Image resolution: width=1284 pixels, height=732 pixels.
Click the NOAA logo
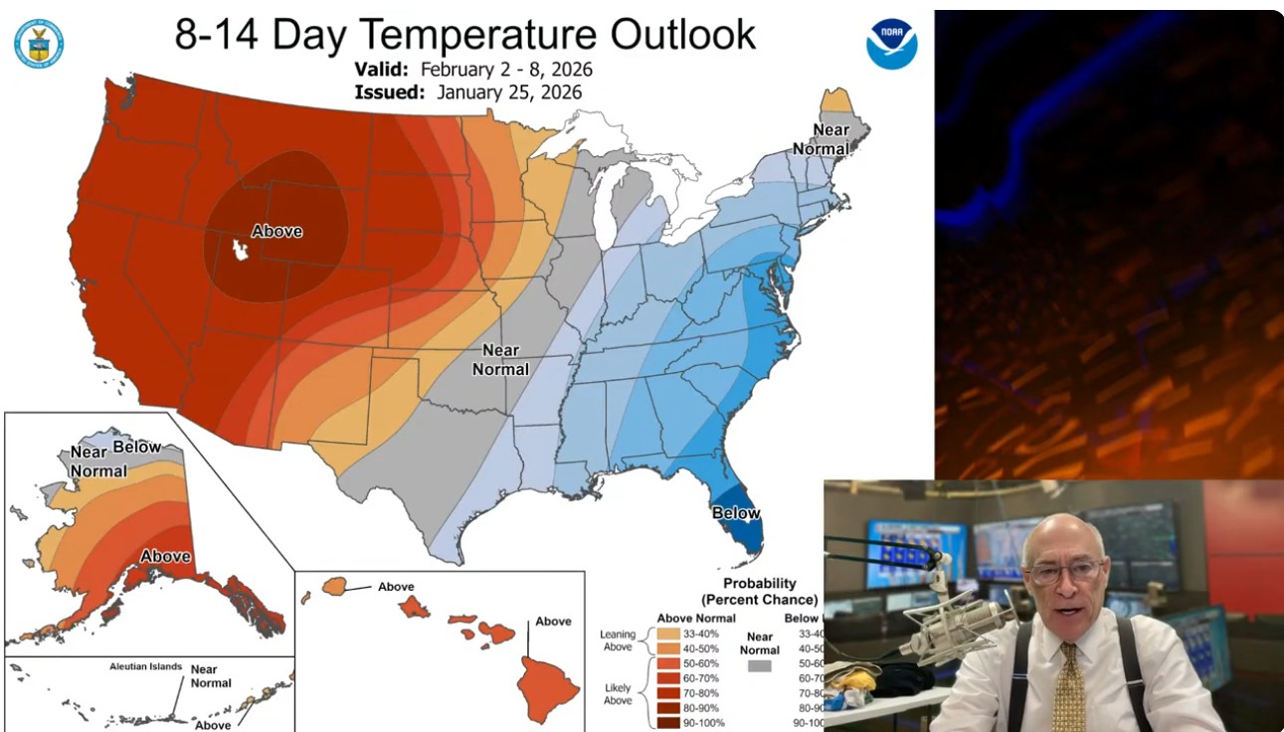(x=891, y=44)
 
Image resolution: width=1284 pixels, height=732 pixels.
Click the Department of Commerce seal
(x=39, y=44)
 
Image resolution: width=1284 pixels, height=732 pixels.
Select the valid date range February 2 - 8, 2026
(x=506, y=70)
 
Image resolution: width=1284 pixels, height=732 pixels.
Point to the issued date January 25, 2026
(x=501, y=91)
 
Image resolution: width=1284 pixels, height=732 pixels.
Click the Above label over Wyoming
(x=276, y=231)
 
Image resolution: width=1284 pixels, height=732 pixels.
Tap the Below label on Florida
(x=736, y=513)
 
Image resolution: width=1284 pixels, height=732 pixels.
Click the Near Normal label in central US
(x=500, y=359)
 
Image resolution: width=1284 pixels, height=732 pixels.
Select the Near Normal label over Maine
(x=831, y=139)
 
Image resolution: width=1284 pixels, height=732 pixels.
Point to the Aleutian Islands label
(x=146, y=666)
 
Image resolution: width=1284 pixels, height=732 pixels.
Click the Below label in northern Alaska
(x=136, y=447)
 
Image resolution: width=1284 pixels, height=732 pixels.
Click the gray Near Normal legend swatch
(x=759, y=665)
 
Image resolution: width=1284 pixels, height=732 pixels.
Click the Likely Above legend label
(x=618, y=693)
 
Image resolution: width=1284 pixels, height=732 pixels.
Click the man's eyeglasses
(x=1065, y=572)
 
